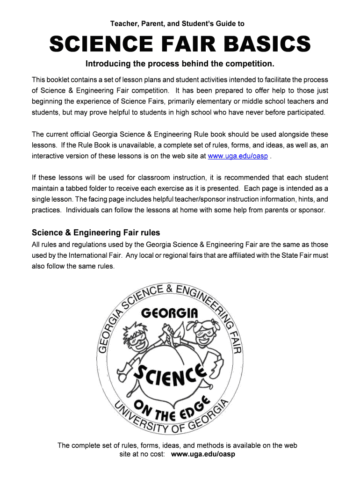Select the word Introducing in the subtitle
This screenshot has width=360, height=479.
click(118, 64)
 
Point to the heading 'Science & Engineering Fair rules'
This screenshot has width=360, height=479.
click(96, 232)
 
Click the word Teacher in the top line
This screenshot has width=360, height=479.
click(122, 23)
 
